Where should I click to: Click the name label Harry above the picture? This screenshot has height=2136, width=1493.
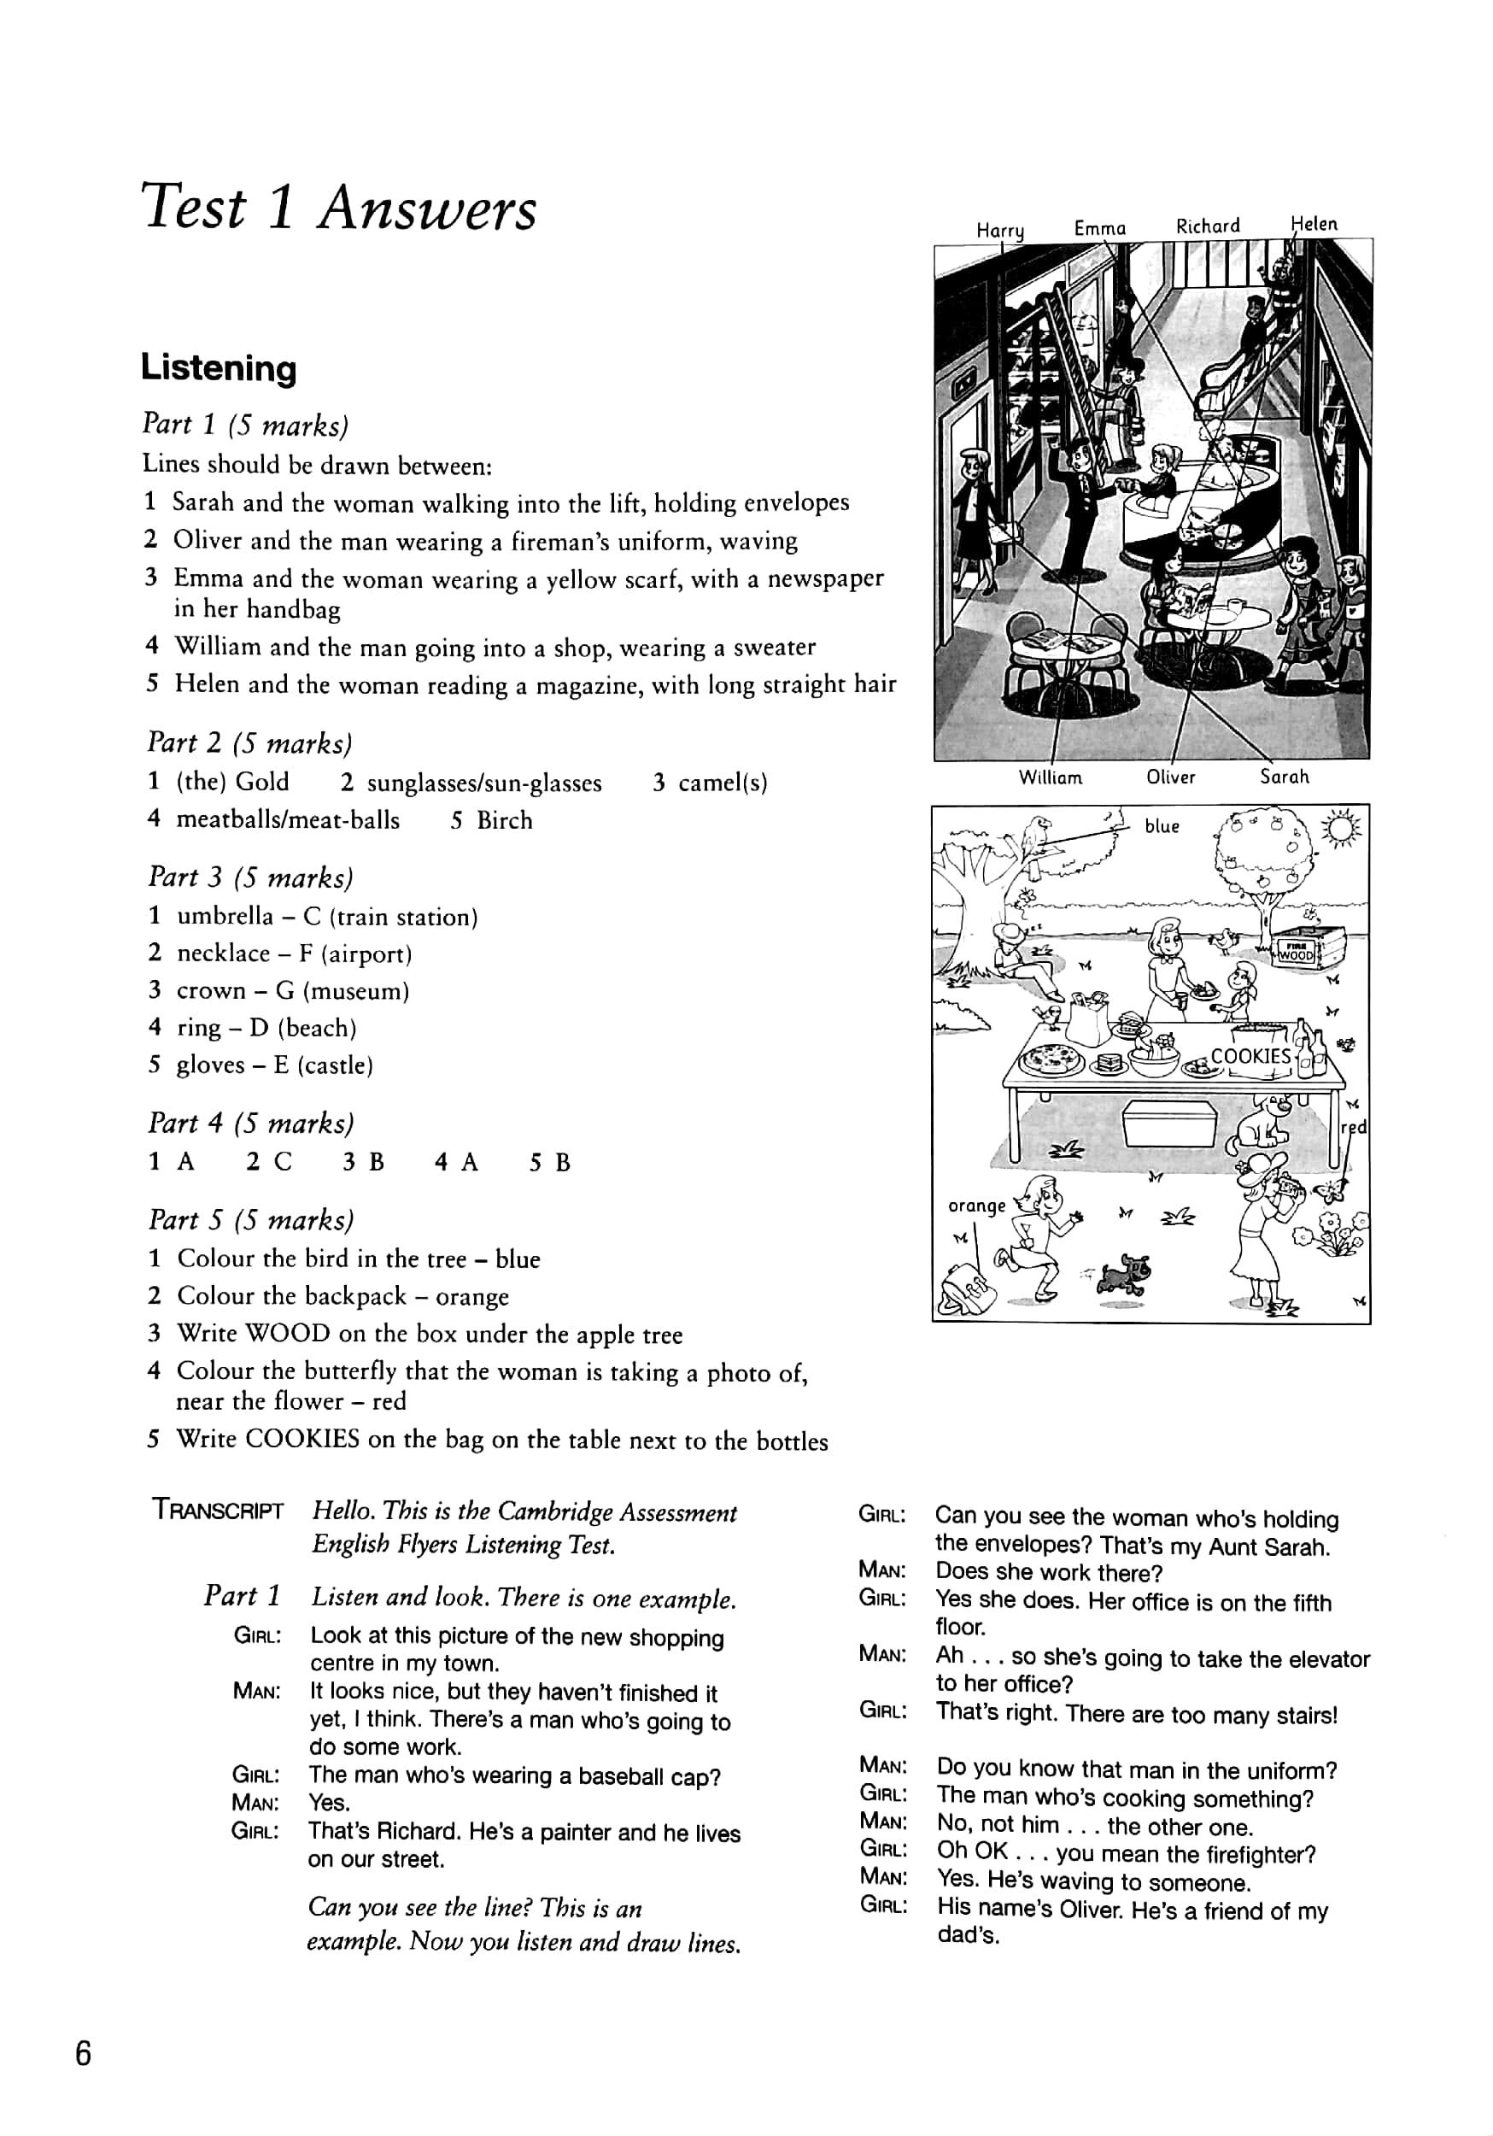coord(1000,230)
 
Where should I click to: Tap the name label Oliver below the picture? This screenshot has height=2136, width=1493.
coord(1170,777)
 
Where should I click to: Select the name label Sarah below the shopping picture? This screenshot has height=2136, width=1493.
coord(1284,776)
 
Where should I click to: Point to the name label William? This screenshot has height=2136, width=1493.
coord(1051,778)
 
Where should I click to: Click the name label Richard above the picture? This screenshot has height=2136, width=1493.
coord(1208,226)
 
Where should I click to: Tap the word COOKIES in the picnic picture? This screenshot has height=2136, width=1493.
coord(1250,1056)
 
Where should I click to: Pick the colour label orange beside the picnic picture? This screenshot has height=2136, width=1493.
coord(977,1206)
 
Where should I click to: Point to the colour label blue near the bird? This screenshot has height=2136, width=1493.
coord(1162,826)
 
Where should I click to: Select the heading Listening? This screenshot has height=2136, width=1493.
coord(219,368)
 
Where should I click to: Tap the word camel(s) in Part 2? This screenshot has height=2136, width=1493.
coord(722,783)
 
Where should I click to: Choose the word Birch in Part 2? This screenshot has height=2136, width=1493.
coord(504,820)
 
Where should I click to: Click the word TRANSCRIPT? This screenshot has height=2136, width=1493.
coord(219,1511)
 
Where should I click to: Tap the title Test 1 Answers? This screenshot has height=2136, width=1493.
coord(338,208)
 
